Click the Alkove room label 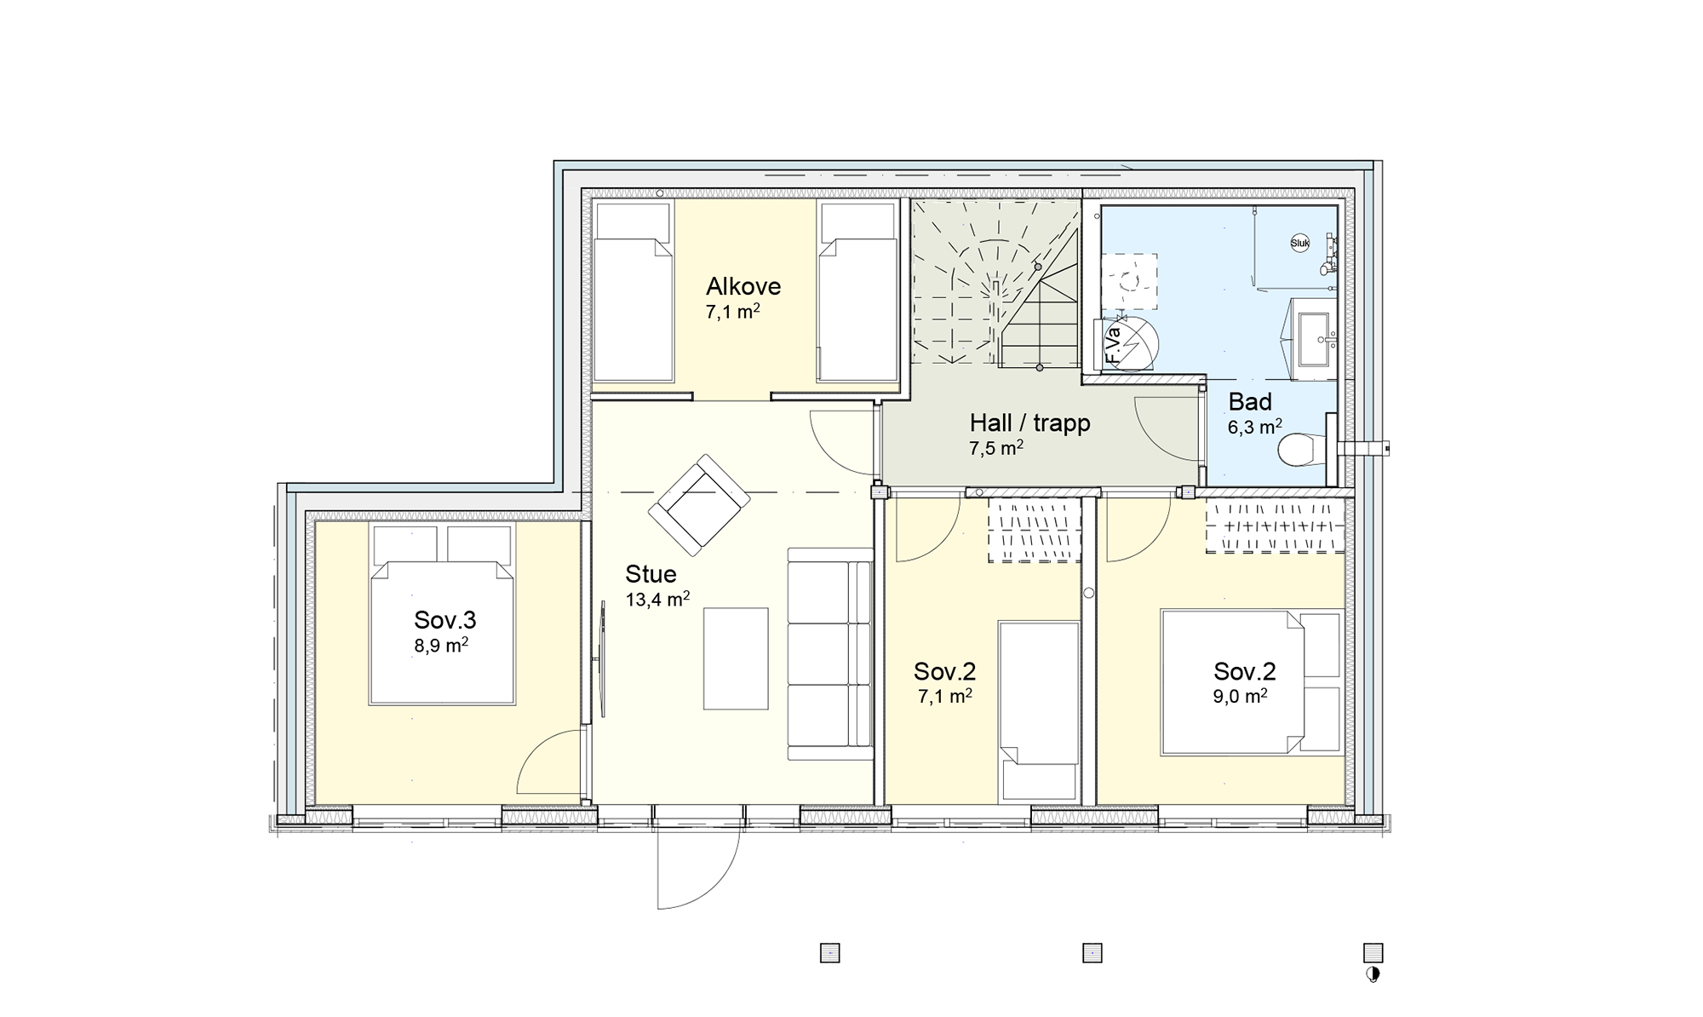tap(743, 287)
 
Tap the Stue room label tap(651, 574)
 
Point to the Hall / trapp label tap(1029, 423)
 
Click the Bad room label tap(1250, 402)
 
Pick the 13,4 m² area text tap(657, 600)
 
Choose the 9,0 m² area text tap(1241, 697)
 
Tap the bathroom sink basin tap(1312, 338)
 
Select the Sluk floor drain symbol tap(1300, 243)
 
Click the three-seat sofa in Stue tap(830, 654)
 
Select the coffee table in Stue tap(736, 658)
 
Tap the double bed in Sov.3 tap(442, 614)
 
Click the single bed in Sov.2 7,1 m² tap(1039, 712)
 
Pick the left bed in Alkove tap(633, 290)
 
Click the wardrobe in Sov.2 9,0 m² tap(1276, 526)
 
